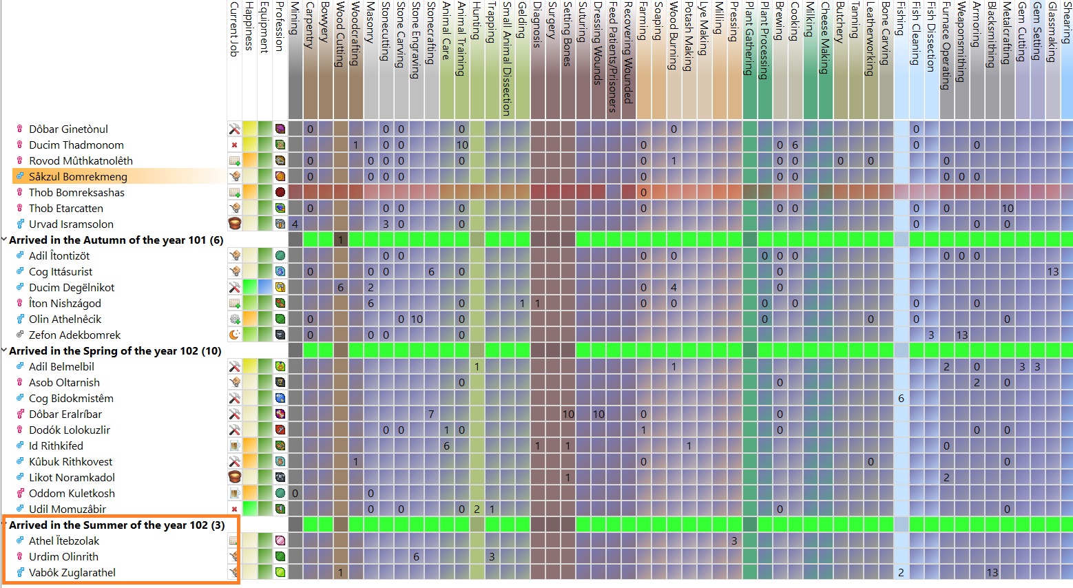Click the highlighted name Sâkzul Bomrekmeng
pos(78,176)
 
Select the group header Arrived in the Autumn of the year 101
pos(116,240)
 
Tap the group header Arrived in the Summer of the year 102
pos(116,525)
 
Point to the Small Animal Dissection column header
pos(508,59)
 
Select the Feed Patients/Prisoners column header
pos(614,59)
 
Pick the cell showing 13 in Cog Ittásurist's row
pos(1053,271)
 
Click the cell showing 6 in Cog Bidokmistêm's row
pos(902,398)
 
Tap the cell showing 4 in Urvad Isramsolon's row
pos(295,224)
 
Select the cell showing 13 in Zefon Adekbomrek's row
pos(962,335)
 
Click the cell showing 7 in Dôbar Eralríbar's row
pos(431,414)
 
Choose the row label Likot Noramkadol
pos(72,477)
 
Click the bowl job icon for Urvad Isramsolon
pos(235,224)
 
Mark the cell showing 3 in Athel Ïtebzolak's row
pos(734,540)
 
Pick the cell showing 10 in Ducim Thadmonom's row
pos(462,145)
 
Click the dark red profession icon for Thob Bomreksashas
pos(280,192)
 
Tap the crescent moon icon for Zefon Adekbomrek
pos(235,335)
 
